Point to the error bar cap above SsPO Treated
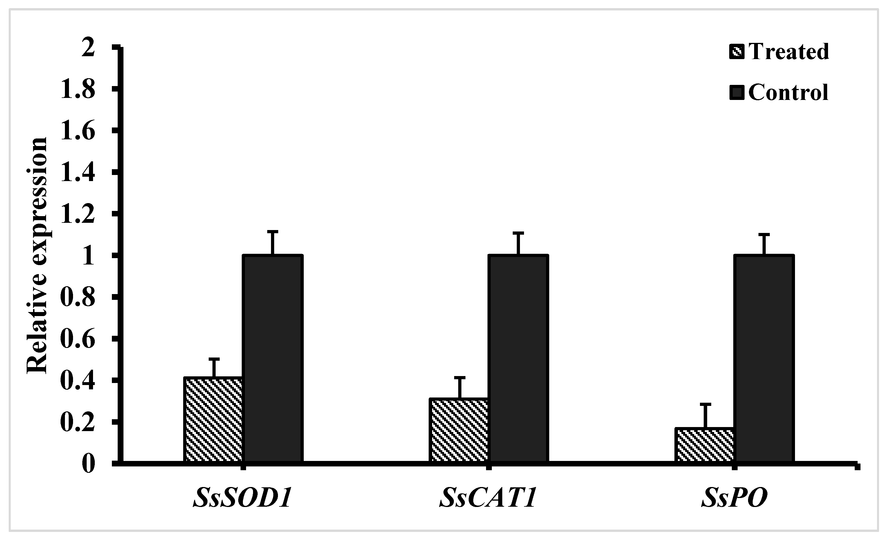[705, 405]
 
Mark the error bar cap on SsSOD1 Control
[273, 232]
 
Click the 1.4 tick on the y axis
[78, 173]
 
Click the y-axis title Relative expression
[37, 255]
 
